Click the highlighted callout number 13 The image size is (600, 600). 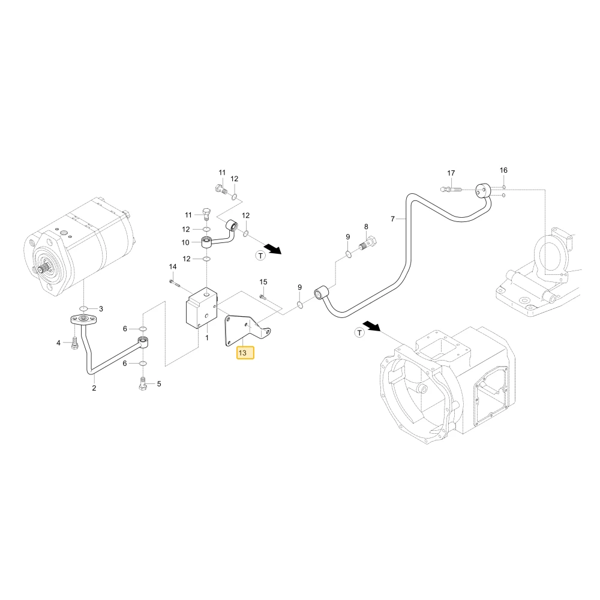point(242,353)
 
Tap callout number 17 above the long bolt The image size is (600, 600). point(451,173)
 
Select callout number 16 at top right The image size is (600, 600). point(503,170)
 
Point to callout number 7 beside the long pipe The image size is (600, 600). point(392,219)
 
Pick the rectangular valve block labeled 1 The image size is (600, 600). point(201,308)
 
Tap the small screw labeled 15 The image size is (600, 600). point(263,296)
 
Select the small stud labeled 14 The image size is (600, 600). point(174,283)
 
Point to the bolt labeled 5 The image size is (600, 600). point(143,383)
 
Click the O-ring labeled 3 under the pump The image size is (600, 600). point(84,309)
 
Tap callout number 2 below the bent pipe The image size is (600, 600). point(94,388)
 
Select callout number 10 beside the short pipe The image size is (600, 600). point(185,242)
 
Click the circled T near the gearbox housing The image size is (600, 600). point(359,332)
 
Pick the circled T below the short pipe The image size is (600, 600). point(260,256)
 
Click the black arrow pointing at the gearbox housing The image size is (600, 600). point(371,326)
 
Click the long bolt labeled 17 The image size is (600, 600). point(451,190)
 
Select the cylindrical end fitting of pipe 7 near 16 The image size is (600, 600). point(483,191)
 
